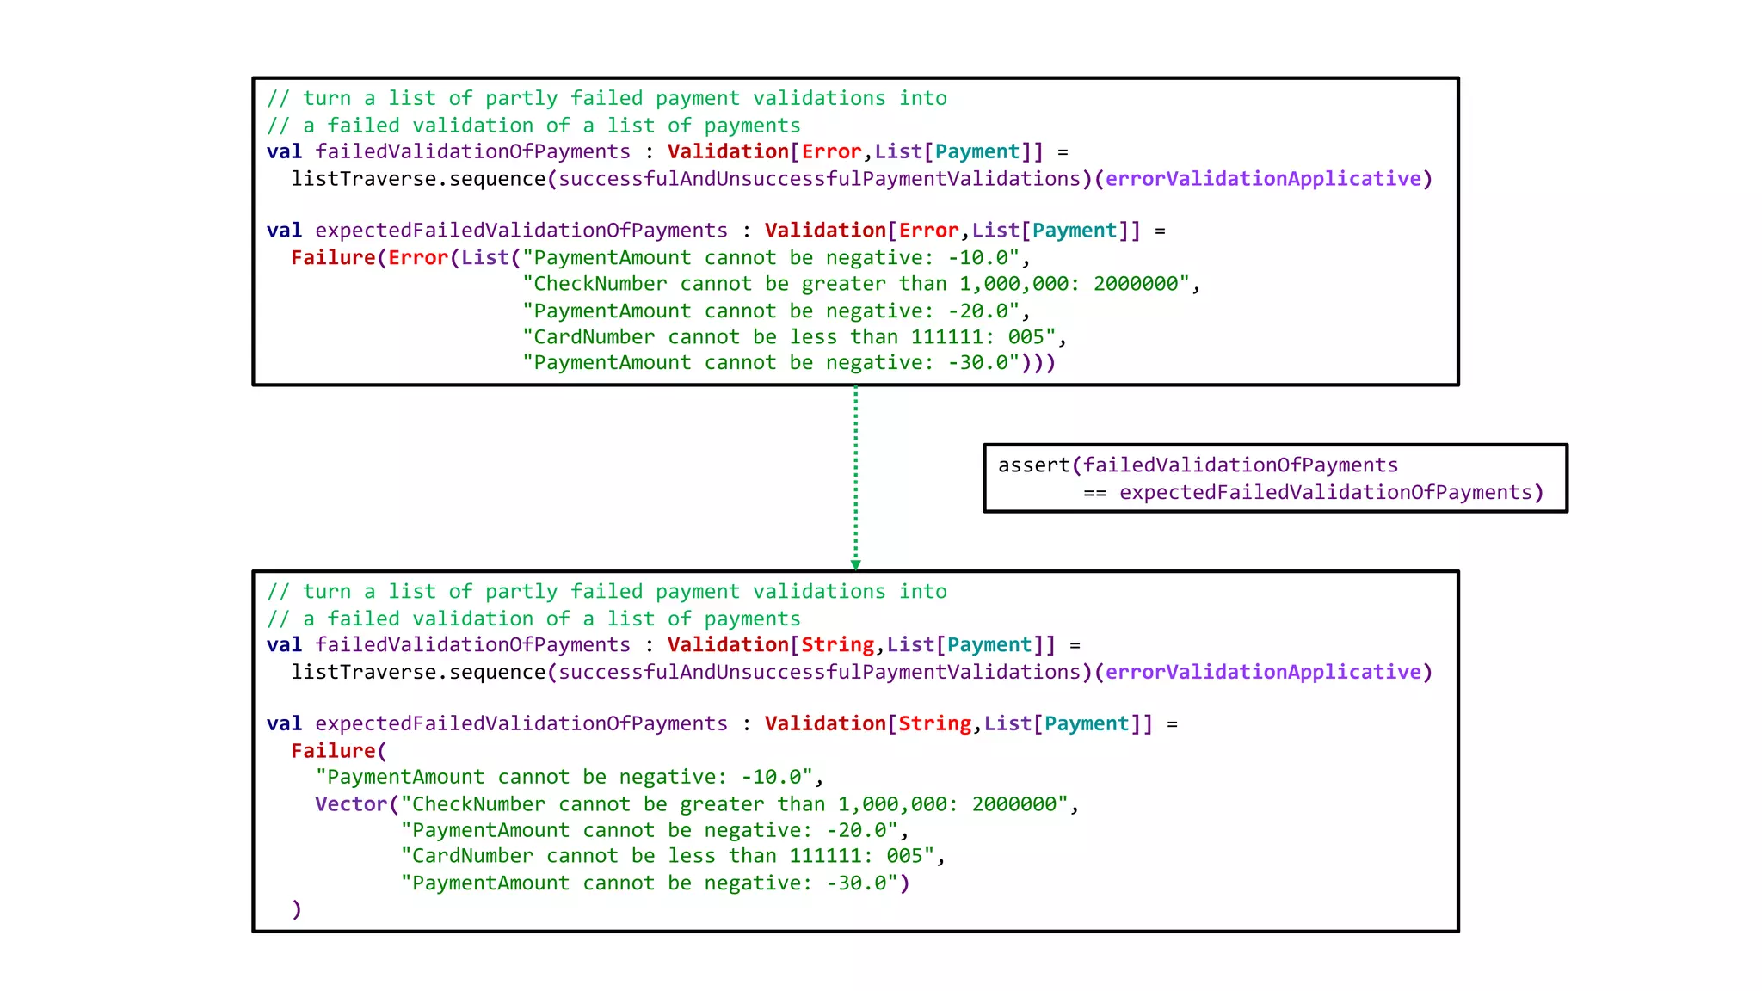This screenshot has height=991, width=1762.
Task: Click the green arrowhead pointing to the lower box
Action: click(855, 564)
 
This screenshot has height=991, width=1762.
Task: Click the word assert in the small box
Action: click(1033, 465)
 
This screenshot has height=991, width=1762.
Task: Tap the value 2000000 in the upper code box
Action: click(1136, 284)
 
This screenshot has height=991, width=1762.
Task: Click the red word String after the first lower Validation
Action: click(837, 645)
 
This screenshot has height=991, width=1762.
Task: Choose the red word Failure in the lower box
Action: click(333, 751)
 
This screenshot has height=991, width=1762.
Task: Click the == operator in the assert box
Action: click(1094, 493)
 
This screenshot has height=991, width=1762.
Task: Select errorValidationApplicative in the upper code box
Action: click(1263, 179)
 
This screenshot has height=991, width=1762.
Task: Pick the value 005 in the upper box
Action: click(1026, 337)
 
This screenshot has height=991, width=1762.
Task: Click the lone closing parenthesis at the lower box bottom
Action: click(297, 909)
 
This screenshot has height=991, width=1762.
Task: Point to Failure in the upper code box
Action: click(333, 258)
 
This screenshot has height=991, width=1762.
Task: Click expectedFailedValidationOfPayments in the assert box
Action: click(1325, 493)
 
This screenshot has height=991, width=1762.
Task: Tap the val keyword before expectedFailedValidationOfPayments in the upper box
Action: click(284, 231)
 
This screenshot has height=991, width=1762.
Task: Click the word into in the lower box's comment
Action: click(922, 592)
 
